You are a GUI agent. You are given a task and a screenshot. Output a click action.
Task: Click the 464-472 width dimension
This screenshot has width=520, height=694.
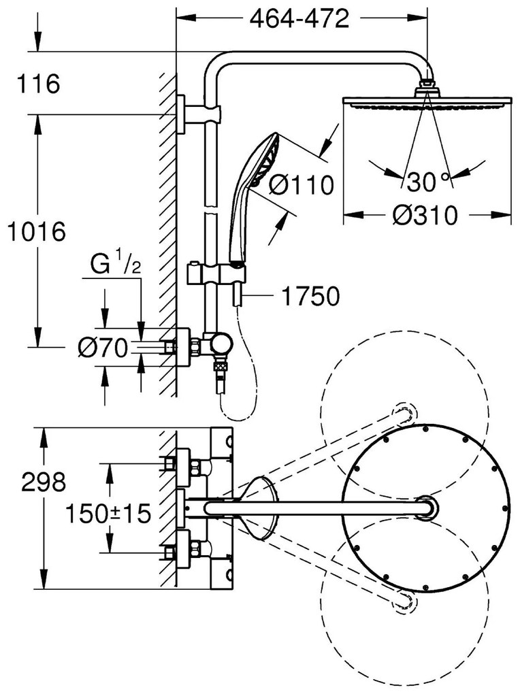299,18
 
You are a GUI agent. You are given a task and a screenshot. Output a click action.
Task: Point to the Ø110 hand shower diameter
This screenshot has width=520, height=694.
302,184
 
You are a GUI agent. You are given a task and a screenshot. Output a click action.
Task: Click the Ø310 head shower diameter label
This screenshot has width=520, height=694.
426,216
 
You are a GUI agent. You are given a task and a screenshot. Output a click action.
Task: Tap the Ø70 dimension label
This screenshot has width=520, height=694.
103,348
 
